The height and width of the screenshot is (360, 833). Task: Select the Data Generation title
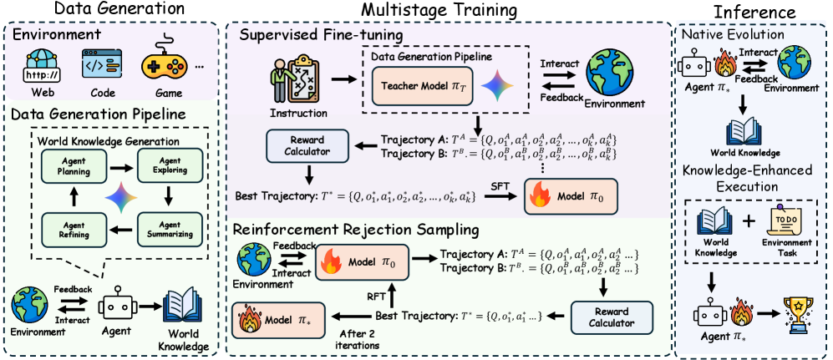(x=112, y=11)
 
